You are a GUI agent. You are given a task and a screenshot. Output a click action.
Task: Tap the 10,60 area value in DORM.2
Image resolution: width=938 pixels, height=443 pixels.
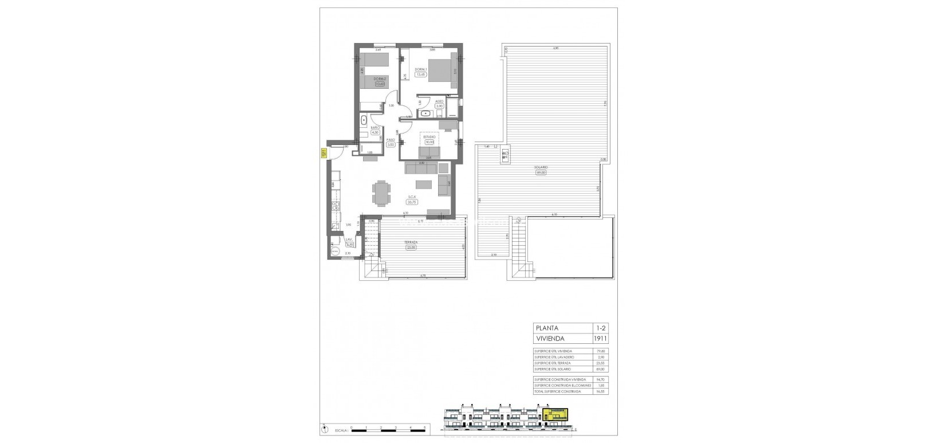(x=380, y=84)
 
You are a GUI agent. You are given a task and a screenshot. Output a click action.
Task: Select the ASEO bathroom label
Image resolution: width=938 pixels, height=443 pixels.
(x=439, y=101)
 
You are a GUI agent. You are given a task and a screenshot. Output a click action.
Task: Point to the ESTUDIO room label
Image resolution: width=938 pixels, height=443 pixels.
(x=429, y=137)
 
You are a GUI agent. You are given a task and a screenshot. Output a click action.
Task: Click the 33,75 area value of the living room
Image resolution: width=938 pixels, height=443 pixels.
(x=411, y=202)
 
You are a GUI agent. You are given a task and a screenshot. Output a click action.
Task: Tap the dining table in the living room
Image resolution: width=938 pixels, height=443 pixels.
(x=381, y=193)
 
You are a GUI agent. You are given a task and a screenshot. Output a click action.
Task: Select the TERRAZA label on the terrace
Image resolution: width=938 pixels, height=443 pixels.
(x=411, y=242)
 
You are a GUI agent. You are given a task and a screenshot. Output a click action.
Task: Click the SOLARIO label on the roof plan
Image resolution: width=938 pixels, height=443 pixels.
(x=542, y=167)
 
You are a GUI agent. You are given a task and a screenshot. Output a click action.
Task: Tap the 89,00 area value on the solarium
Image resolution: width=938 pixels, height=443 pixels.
(x=541, y=173)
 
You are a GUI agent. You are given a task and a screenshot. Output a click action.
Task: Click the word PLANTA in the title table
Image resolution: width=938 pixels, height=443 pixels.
(x=547, y=328)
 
